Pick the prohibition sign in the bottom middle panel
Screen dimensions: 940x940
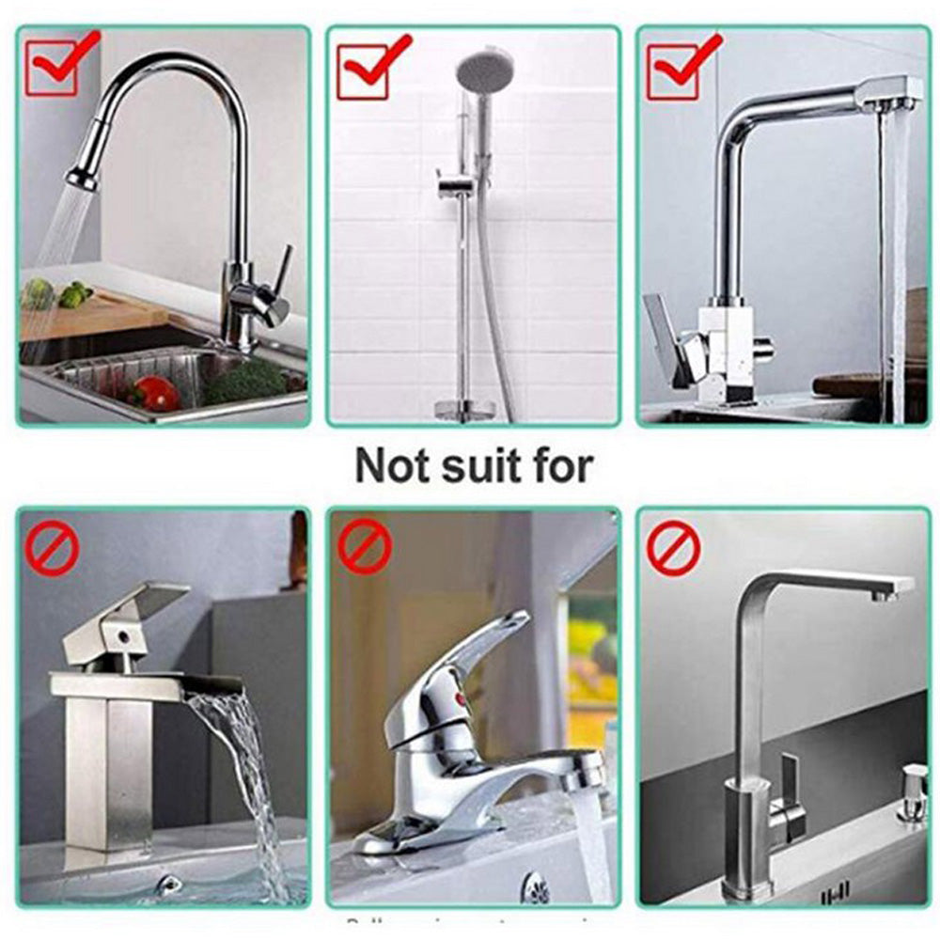[364, 547]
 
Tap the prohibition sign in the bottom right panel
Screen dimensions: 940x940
[673, 548]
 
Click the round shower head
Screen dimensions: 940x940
[485, 68]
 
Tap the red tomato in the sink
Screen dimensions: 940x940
[156, 393]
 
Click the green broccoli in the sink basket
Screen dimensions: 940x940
[245, 381]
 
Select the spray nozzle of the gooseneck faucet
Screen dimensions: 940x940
[83, 176]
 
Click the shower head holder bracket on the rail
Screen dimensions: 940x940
[456, 183]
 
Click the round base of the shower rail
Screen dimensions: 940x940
[463, 409]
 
